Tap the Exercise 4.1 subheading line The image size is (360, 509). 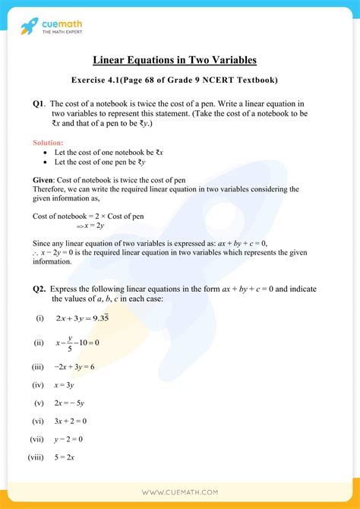pos(180,80)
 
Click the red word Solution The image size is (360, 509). pos(49,142)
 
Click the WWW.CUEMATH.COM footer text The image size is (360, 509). pos(180,493)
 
